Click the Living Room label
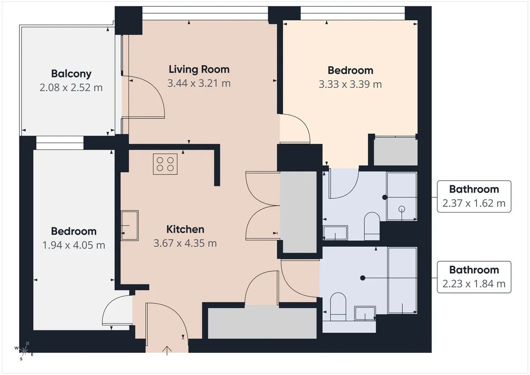[x=199, y=69]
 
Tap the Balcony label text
[x=71, y=74]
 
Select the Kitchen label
[x=185, y=229]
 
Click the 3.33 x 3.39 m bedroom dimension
[x=350, y=84]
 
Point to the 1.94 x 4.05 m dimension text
[x=74, y=245]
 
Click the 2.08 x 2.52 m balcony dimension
[x=71, y=88]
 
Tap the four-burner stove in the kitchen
[x=165, y=164]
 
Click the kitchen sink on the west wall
[x=130, y=225]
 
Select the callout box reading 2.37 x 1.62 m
[x=474, y=197]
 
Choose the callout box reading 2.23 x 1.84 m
[x=474, y=277]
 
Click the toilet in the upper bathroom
[x=372, y=226]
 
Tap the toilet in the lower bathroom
[x=338, y=307]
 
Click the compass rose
[x=24, y=351]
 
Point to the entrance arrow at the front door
[x=167, y=351]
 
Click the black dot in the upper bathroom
[x=385, y=197]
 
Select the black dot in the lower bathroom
[x=363, y=278]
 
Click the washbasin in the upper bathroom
[x=335, y=233]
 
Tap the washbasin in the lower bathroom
[x=365, y=314]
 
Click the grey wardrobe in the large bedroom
[x=395, y=151]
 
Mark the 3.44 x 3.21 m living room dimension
[x=199, y=83]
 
